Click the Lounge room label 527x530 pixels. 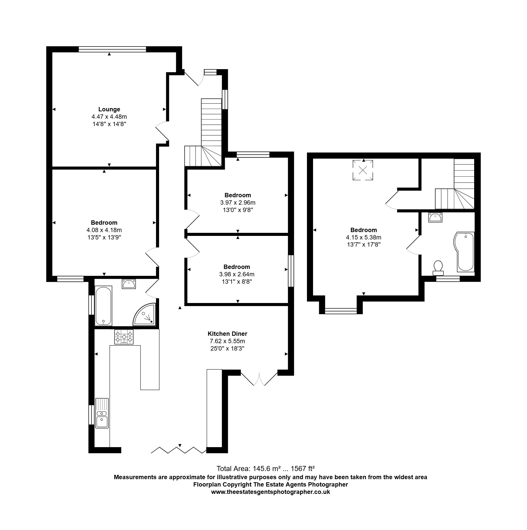click(x=109, y=110)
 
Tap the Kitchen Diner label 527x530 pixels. click(x=227, y=334)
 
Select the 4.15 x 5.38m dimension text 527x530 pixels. click(x=364, y=237)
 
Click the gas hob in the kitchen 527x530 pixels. click(x=124, y=337)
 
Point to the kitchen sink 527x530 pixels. click(x=102, y=413)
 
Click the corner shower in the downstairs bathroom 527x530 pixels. click(x=144, y=314)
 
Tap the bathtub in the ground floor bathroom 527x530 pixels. click(x=103, y=306)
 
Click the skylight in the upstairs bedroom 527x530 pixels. click(x=363, y=170)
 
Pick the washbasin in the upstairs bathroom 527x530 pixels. click(x=435, y=218)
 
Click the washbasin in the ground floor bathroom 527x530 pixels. click(x=129, y=284)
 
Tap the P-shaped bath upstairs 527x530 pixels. click(x=464, y=252)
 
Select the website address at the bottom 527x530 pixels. click(x=270, y=492)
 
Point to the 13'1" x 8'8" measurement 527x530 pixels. click(x=237, y=281)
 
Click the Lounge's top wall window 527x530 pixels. click(x=112, y=49)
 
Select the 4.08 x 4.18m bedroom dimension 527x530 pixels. click(x=104, y=230)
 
